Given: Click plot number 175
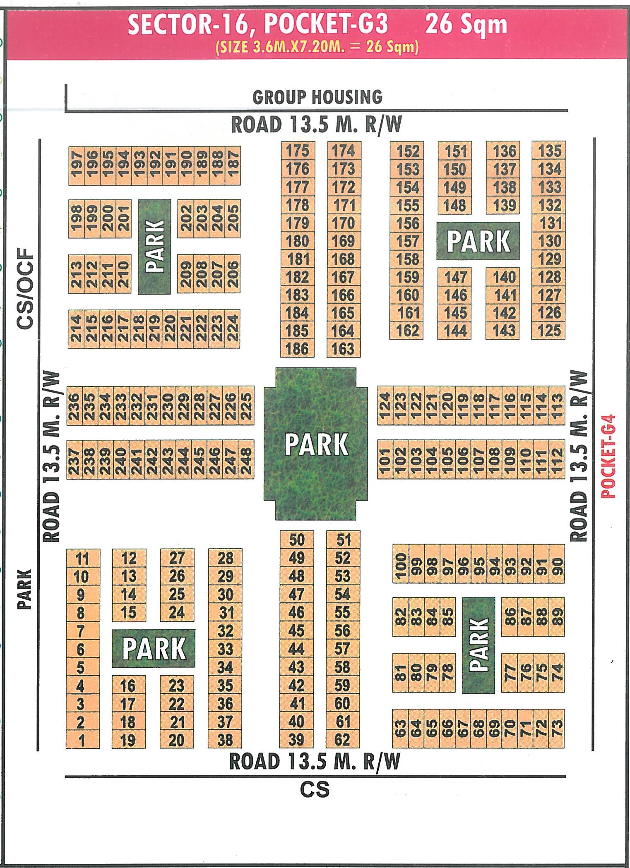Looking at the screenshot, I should tap(298, 151).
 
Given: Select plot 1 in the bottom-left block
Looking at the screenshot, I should tap(82, 740).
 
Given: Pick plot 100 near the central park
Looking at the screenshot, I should tap(401, 563).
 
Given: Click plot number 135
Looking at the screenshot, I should tap(549, 151).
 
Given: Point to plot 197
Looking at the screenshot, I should tap(77, 165).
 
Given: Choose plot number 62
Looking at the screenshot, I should tap(342, 740).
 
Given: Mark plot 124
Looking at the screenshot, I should tap(385, 405).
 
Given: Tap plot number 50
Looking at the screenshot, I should tap(297, 540).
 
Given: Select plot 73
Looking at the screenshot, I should tap(557, 729).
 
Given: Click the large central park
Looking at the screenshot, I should tap(316, 444).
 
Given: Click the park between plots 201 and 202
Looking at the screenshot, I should tap(154, 247).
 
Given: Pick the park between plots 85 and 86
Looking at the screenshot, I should tap(479, 645).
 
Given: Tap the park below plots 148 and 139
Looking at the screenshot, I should tap(478, 241).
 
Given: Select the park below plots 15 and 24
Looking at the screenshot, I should tap(154, 648).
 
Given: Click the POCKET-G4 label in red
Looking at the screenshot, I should tap(608, 456).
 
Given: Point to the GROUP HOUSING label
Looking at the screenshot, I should tap(317, 97).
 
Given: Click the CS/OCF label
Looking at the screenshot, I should tap(25, 288).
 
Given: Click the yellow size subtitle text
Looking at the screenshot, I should tap(317, 46).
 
